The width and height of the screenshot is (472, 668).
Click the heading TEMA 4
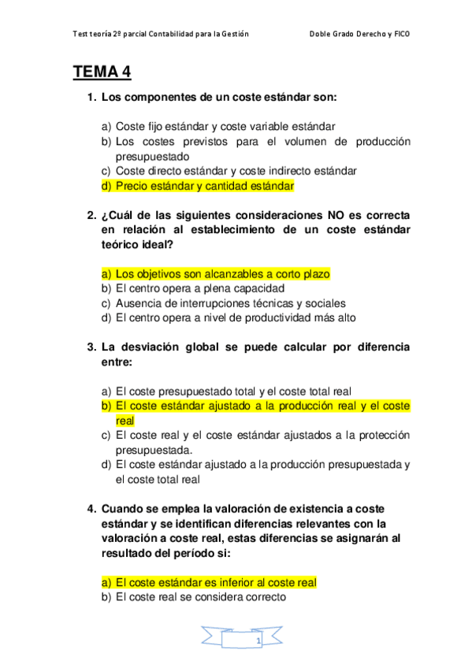click(102, 72)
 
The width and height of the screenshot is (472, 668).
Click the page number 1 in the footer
click(258, 643)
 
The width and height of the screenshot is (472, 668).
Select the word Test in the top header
click(80, 35)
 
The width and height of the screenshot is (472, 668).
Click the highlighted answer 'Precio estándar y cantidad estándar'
click(204, 186)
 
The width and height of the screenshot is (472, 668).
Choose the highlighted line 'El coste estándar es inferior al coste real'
click(215, 583)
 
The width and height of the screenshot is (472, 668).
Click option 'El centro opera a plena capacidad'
click(199, 288)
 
